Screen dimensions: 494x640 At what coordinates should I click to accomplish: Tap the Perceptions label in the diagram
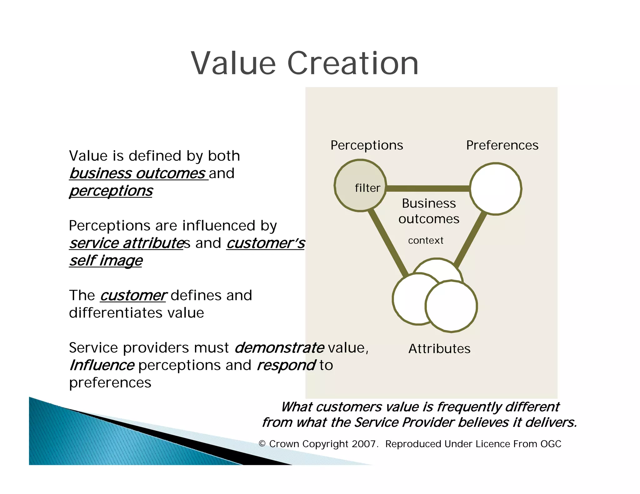(x=367, y=146)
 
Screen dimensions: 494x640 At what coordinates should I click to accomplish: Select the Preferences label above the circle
(x=502, y=146)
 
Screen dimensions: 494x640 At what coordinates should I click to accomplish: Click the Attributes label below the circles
(x=439, y=349)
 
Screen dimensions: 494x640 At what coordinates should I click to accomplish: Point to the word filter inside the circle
(x=367, y=188)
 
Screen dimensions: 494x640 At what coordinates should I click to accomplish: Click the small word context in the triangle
(x=425, y=240)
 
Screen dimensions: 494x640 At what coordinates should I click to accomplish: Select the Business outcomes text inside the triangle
(x=429, y=211)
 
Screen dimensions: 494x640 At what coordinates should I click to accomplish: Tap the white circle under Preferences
(x=495, y=189)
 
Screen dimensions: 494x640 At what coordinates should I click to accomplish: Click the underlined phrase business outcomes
(x=137, y=174)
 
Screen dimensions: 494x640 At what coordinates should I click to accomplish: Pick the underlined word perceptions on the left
(x=111, y=191)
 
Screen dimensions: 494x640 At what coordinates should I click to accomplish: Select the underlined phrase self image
(x=106, y=261)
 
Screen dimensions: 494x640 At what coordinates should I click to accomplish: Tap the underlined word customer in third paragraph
(x=133, y=295)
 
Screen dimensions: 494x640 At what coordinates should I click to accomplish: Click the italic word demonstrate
(x=279, y=348)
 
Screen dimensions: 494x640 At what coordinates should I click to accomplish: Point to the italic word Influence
(x=102, y=365)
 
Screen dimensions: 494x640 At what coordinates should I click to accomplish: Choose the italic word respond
(x=286, y=365)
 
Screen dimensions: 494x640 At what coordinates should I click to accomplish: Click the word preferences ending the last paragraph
(x=110, y=383)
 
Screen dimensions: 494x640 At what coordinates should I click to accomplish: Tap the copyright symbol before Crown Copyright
(x=262, y=444)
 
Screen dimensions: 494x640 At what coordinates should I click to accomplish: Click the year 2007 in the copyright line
(x=363, y=444)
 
